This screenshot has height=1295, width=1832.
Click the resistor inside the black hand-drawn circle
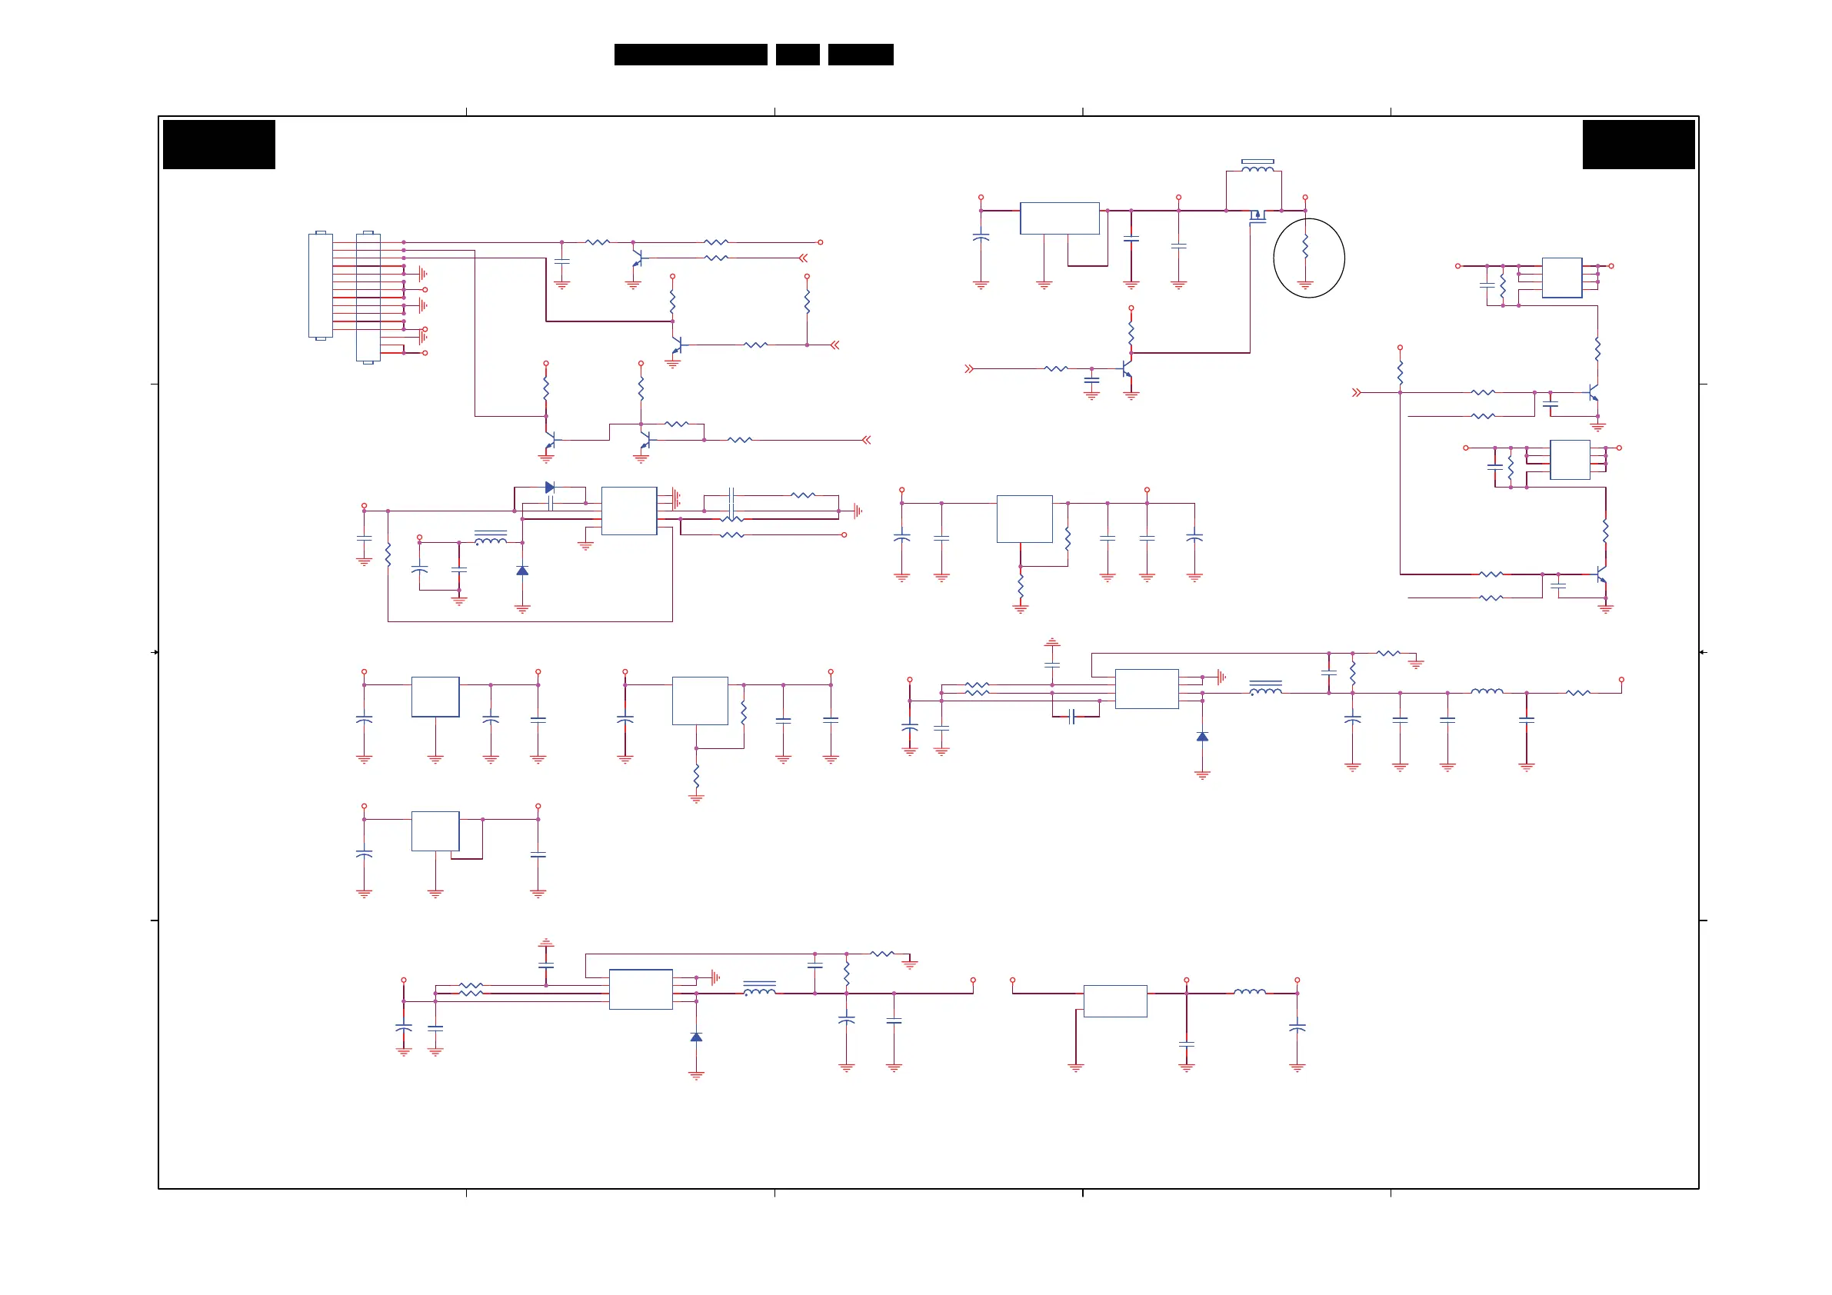tap(1305, 247)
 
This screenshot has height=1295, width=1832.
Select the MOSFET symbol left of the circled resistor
tap(1257, 215)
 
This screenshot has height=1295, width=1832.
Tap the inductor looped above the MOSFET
tap(1257, 167)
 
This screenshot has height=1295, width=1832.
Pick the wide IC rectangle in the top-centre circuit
tap(1060, 218)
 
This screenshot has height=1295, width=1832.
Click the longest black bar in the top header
tap(690, 55)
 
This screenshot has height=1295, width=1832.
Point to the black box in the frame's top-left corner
tap(218, 145)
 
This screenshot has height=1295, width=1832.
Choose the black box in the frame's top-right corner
tap(1638, 145)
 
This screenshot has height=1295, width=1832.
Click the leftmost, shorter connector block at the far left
tap(320, 285)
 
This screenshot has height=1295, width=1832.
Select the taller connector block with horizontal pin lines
tap(368, 297)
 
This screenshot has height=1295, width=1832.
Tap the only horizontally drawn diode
tap(550, 488)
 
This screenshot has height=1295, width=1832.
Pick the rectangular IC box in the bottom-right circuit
tap(1114, 1000)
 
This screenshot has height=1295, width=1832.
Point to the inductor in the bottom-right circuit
tap(1250, 992)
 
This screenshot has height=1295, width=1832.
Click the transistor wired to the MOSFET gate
tap(1127, 369)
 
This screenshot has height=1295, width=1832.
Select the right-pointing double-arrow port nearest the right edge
tap(1357, 392)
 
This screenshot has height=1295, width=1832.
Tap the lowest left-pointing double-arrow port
tap(867, 440)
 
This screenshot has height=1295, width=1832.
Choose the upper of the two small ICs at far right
tap(1561, 278)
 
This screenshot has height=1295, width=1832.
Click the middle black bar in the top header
tap(797, 55)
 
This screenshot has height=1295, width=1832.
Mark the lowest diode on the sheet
tap(696, 1037)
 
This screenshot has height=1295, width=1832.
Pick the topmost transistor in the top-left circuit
tap(637, 258)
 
